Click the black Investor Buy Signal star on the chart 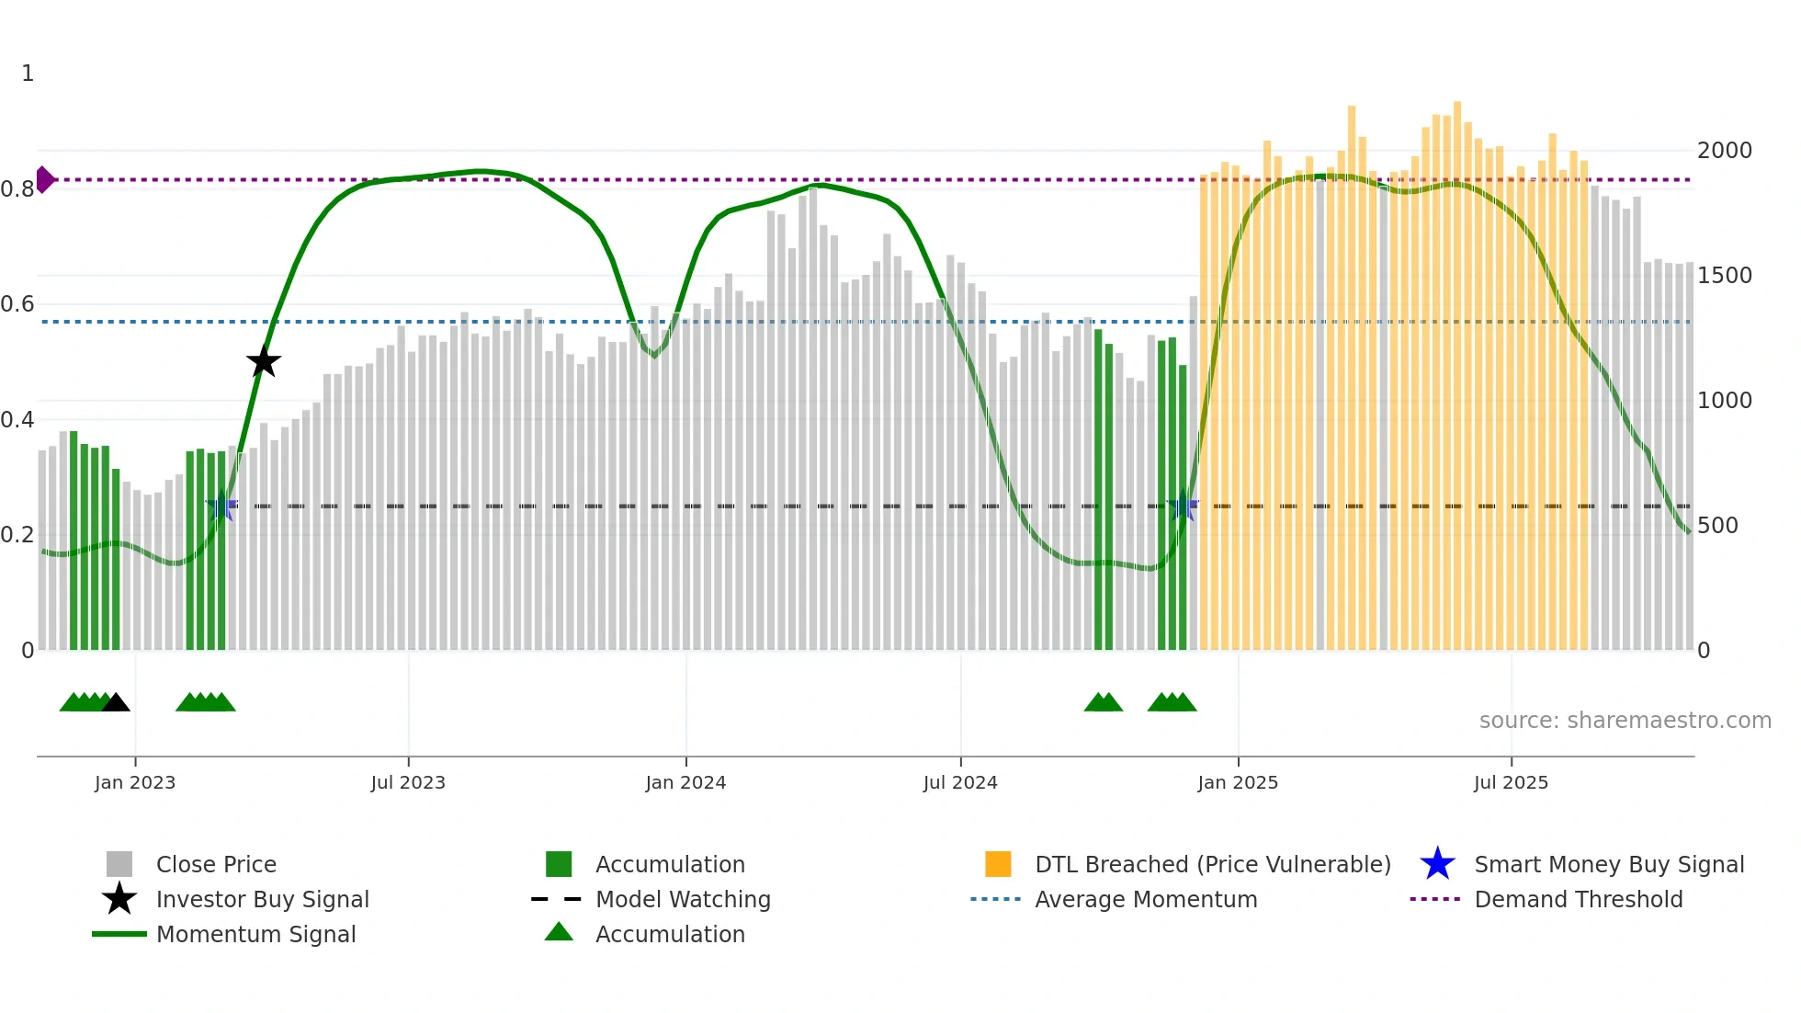[x=264, y=361]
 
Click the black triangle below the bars [x=116, y=703]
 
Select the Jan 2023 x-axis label [x=135, y=782]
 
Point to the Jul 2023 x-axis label [x=408, y=782]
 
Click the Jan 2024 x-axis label [x=685, y=782]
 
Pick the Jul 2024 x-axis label [x=960, y=782]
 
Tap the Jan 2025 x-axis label [x=1238, y=782]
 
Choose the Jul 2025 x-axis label [x=1511, y=782]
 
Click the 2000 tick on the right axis [x=1725, y=151]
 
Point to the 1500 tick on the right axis [x=1725, y=276]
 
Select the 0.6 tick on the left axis [x=18, y=304]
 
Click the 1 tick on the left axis [x=28, y=74]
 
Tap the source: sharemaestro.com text [x=1625, y=721]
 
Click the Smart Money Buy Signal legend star [x=1437, y=864]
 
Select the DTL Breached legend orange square [x=998, y=864]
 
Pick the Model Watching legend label [x=683, y=899]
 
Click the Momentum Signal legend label [x=255, y=934]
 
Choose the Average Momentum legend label [x=1146, y=899]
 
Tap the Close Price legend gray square [x=119, y=864]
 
